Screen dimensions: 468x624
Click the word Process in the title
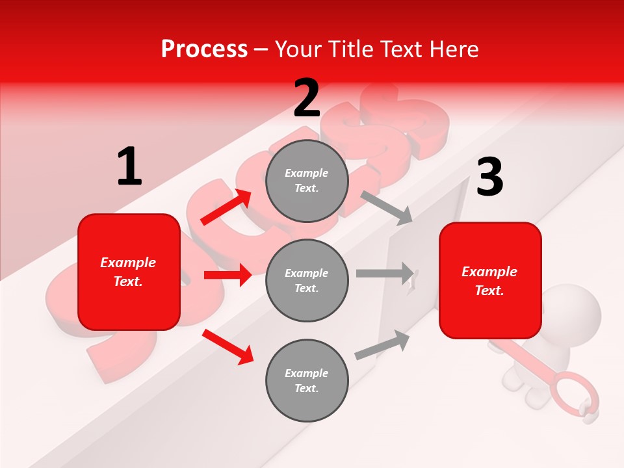coord(204,49)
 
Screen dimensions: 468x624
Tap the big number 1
coord(129,167)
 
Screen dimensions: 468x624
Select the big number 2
coord(307,98)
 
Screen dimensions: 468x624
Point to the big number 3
coord(489,177)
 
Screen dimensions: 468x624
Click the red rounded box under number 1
coord(129,272)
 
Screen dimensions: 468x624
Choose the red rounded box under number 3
coord(490,281)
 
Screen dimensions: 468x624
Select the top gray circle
coord(307,181)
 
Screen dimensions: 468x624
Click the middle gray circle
coord(307,280)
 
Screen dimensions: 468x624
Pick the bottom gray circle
coord(307,380)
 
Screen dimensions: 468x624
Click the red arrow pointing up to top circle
coord(226,207)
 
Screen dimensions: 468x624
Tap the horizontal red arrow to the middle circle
coord(227,275)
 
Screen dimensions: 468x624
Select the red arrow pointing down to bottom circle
coord(227,346)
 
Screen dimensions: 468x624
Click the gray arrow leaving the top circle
coord(386,207)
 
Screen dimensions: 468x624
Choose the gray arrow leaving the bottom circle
coord(382,345)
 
